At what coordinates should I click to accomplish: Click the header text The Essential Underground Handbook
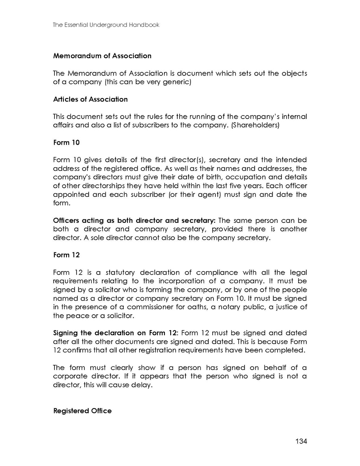tap(106, 25)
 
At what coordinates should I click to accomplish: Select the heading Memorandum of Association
tap(102, 56)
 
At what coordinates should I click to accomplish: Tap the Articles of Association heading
tap(90, 99)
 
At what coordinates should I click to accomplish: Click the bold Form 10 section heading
tap(66, 142)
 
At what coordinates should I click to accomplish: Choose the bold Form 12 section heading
tap(66, 255)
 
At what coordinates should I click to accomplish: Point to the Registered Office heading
tap(82, 411)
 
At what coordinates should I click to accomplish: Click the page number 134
tap(301, 441)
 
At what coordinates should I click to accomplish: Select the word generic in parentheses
tap(177, 82)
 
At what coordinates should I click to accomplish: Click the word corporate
tap(69, 377)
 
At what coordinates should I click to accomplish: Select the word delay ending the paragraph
tap(140, 385)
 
